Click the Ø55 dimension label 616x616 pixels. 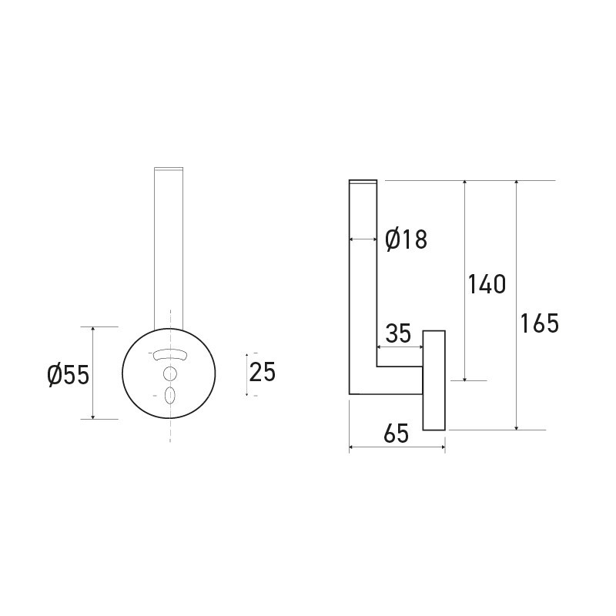coord(68,375)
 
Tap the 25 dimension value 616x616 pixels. coord(262,372)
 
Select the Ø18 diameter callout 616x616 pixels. coord(405,239)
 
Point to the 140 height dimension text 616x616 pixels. coord(487,284)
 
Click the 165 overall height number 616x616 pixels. coord(539,323)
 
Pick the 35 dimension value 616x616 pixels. coord(398,333)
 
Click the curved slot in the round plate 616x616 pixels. coord(170,354)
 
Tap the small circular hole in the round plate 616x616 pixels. coord(170,373)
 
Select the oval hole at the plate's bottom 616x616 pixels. coord(170,395)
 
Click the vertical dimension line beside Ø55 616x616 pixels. coord(93,373)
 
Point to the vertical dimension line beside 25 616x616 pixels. coord(246,374)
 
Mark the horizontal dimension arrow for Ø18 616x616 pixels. coord(363,239)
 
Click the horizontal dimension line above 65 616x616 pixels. coord(397,447)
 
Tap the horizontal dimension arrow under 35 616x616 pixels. coord(400,346)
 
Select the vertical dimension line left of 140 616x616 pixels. coord(465,281)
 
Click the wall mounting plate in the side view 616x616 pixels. coord(434,380)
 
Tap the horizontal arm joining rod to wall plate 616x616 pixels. coord(399,380)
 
